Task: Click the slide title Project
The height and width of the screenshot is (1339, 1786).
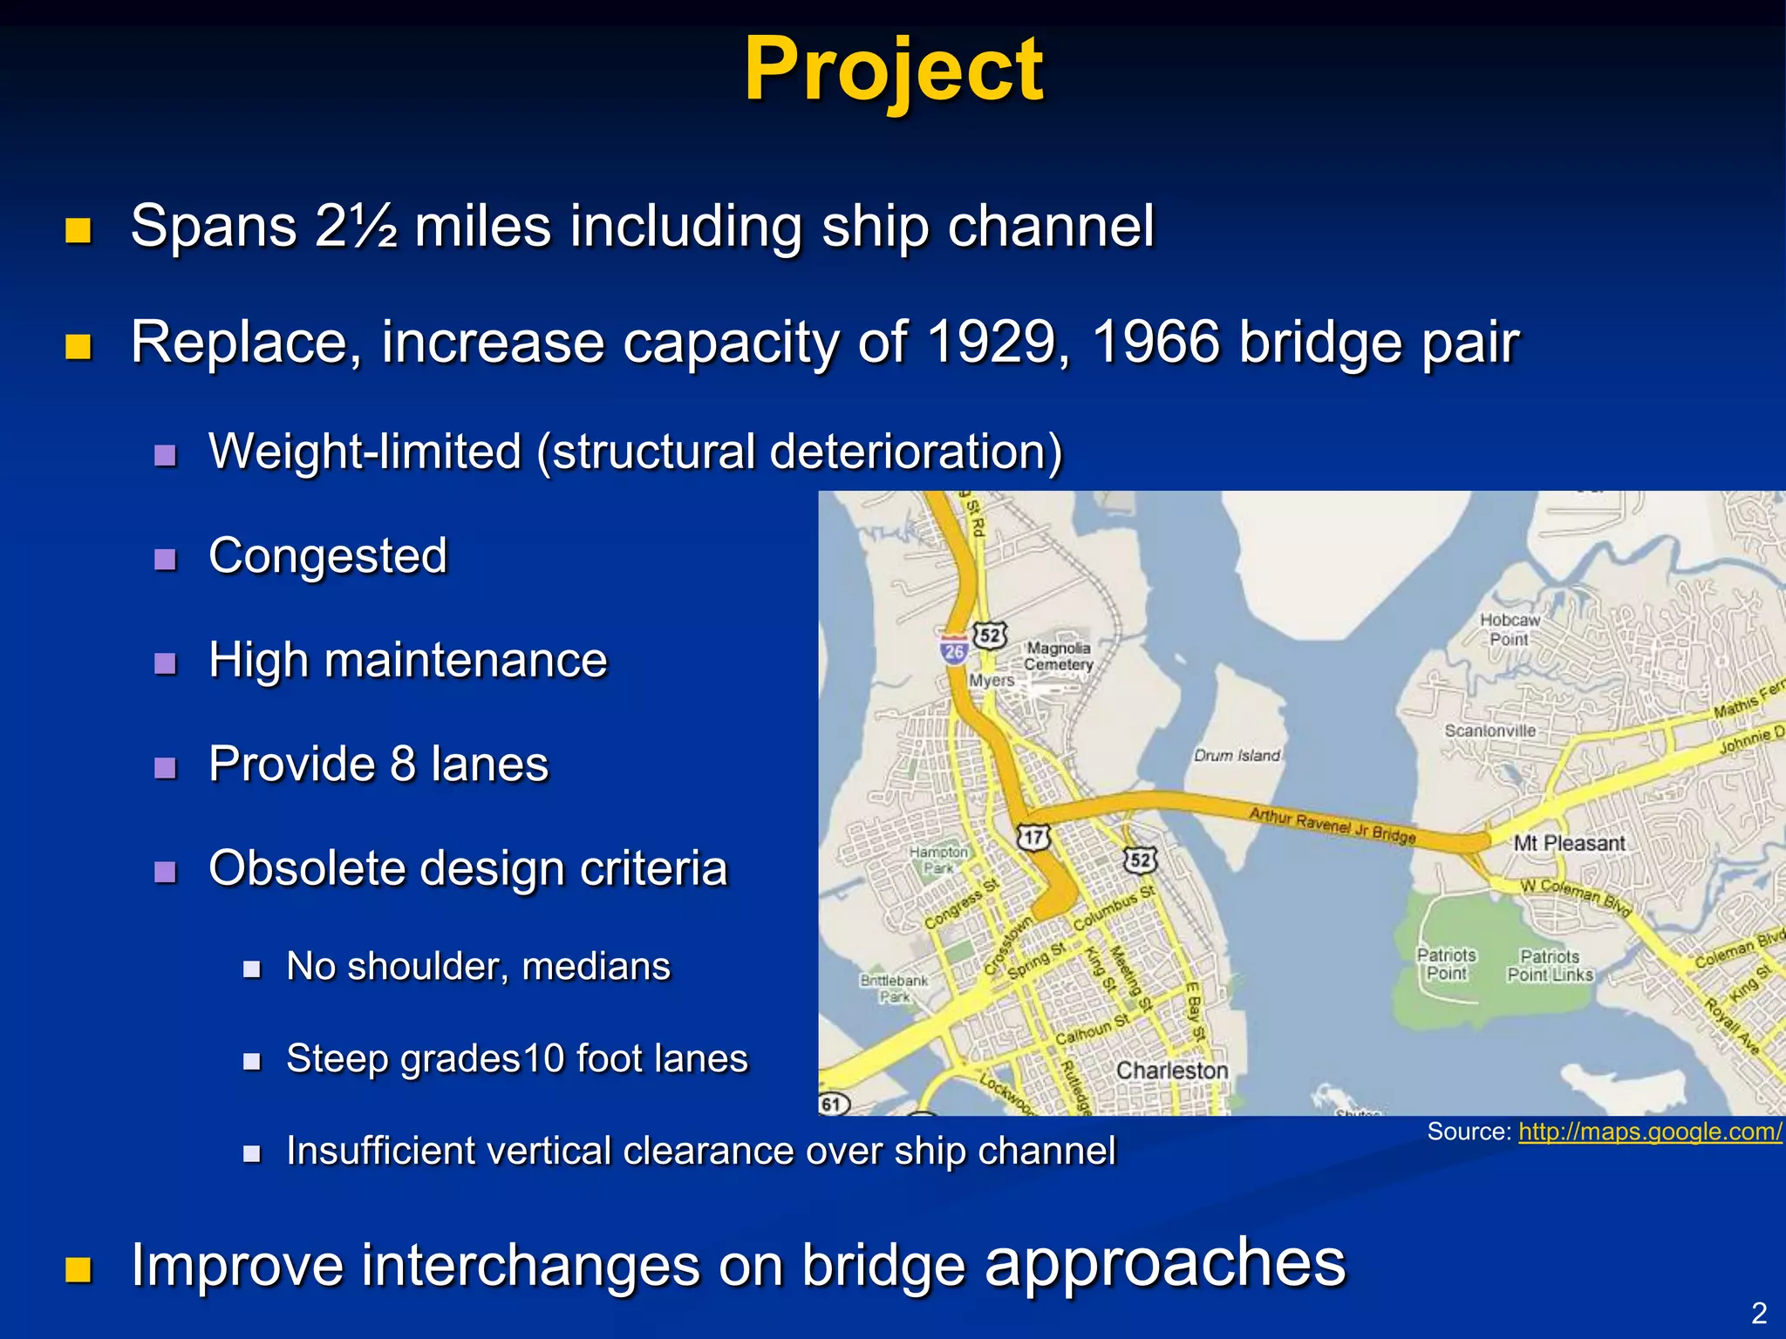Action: point(893,70)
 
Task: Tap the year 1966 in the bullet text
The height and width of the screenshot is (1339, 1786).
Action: point(1155,342)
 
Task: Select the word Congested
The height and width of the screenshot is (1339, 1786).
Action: point(328,556)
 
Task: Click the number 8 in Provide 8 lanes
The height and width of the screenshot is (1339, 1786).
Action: point(402,765)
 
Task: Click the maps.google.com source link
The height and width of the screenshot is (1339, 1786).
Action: point(1650,1132)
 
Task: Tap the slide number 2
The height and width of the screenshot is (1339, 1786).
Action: point(1759,1313)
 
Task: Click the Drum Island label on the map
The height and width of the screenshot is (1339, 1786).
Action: point(1237,755)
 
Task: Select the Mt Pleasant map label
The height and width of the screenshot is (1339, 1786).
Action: point(1569,843)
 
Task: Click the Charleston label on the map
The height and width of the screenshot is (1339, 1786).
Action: point(1171,1071)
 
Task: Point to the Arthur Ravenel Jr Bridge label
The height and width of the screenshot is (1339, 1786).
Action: point(1332,825)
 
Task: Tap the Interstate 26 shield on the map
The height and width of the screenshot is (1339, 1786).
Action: point(954,650)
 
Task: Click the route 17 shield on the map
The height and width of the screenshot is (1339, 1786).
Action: point(1033,838)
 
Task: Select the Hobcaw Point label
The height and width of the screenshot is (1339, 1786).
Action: point(1510,629)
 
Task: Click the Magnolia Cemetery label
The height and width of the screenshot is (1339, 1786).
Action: point(1058,656)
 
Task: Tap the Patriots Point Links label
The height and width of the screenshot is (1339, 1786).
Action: point(1550,966)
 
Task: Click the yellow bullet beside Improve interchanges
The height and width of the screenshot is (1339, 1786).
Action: point(78,1269)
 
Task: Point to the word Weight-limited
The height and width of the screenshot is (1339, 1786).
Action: point(365,452)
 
